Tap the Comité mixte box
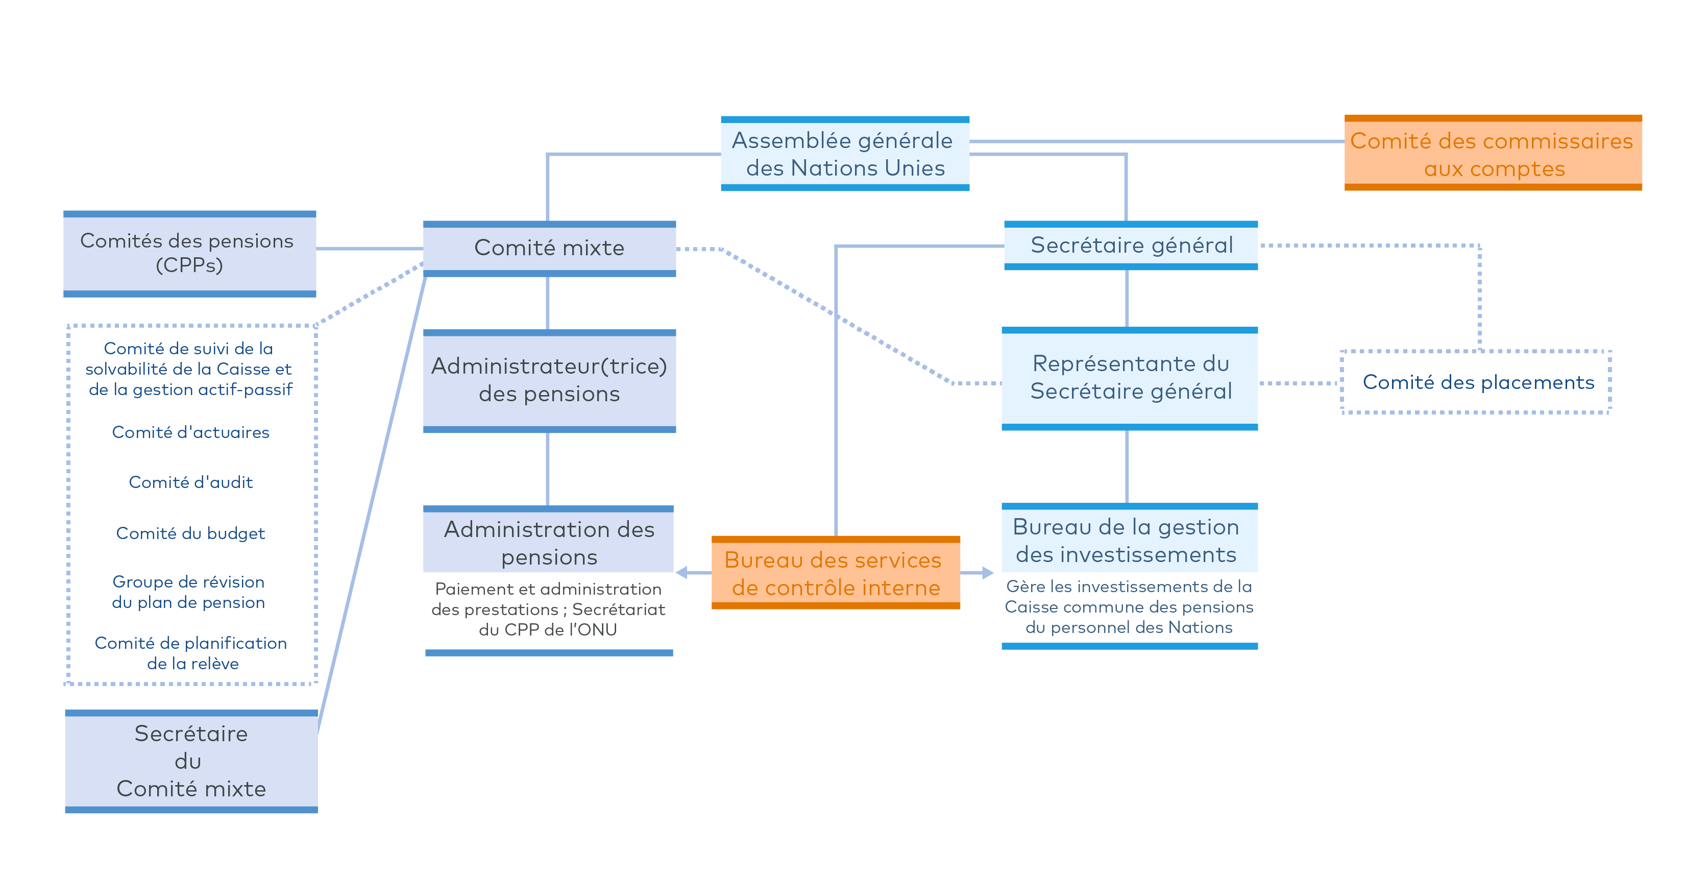[x=549, y=249]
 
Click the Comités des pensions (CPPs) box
[x=190, y=254]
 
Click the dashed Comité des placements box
[x=1476, y=382]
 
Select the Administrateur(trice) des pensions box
[x=549, y=381]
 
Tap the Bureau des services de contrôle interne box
[x=835, y=573]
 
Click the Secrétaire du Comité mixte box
[x=191, y=761]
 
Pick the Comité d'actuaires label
[x=190, y=432]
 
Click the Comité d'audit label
[x=190, y=482]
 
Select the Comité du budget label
[x=190, y=533]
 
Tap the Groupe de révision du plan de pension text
[x=188, y=592]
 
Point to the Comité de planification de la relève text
[x=190, y=653]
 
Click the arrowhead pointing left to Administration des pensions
[x=681, y=573]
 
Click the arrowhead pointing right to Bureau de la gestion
[x=988, y=573]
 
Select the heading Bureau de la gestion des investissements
[x=1126, y=541]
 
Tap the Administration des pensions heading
[x=549, y=543]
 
